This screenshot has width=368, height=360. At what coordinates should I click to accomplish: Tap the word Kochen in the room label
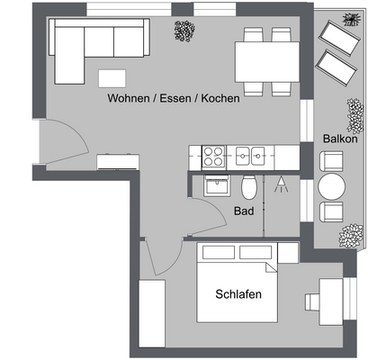(x=220, y=98)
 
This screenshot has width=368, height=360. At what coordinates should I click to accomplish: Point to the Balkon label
(x=340, y=139)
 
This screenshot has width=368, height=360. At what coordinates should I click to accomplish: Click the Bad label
(x=243, y=211)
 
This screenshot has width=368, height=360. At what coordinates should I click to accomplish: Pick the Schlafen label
(x=238, y=293)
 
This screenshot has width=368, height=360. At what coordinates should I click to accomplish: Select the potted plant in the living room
(x=184, y=31)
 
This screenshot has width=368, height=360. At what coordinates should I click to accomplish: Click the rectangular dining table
(x=268, y=60)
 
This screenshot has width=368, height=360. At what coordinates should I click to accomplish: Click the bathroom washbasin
(x=217, y=186)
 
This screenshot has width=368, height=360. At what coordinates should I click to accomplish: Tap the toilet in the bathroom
(x=249, y=187)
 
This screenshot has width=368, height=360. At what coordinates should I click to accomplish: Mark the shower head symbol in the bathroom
(x=281, y=186)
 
